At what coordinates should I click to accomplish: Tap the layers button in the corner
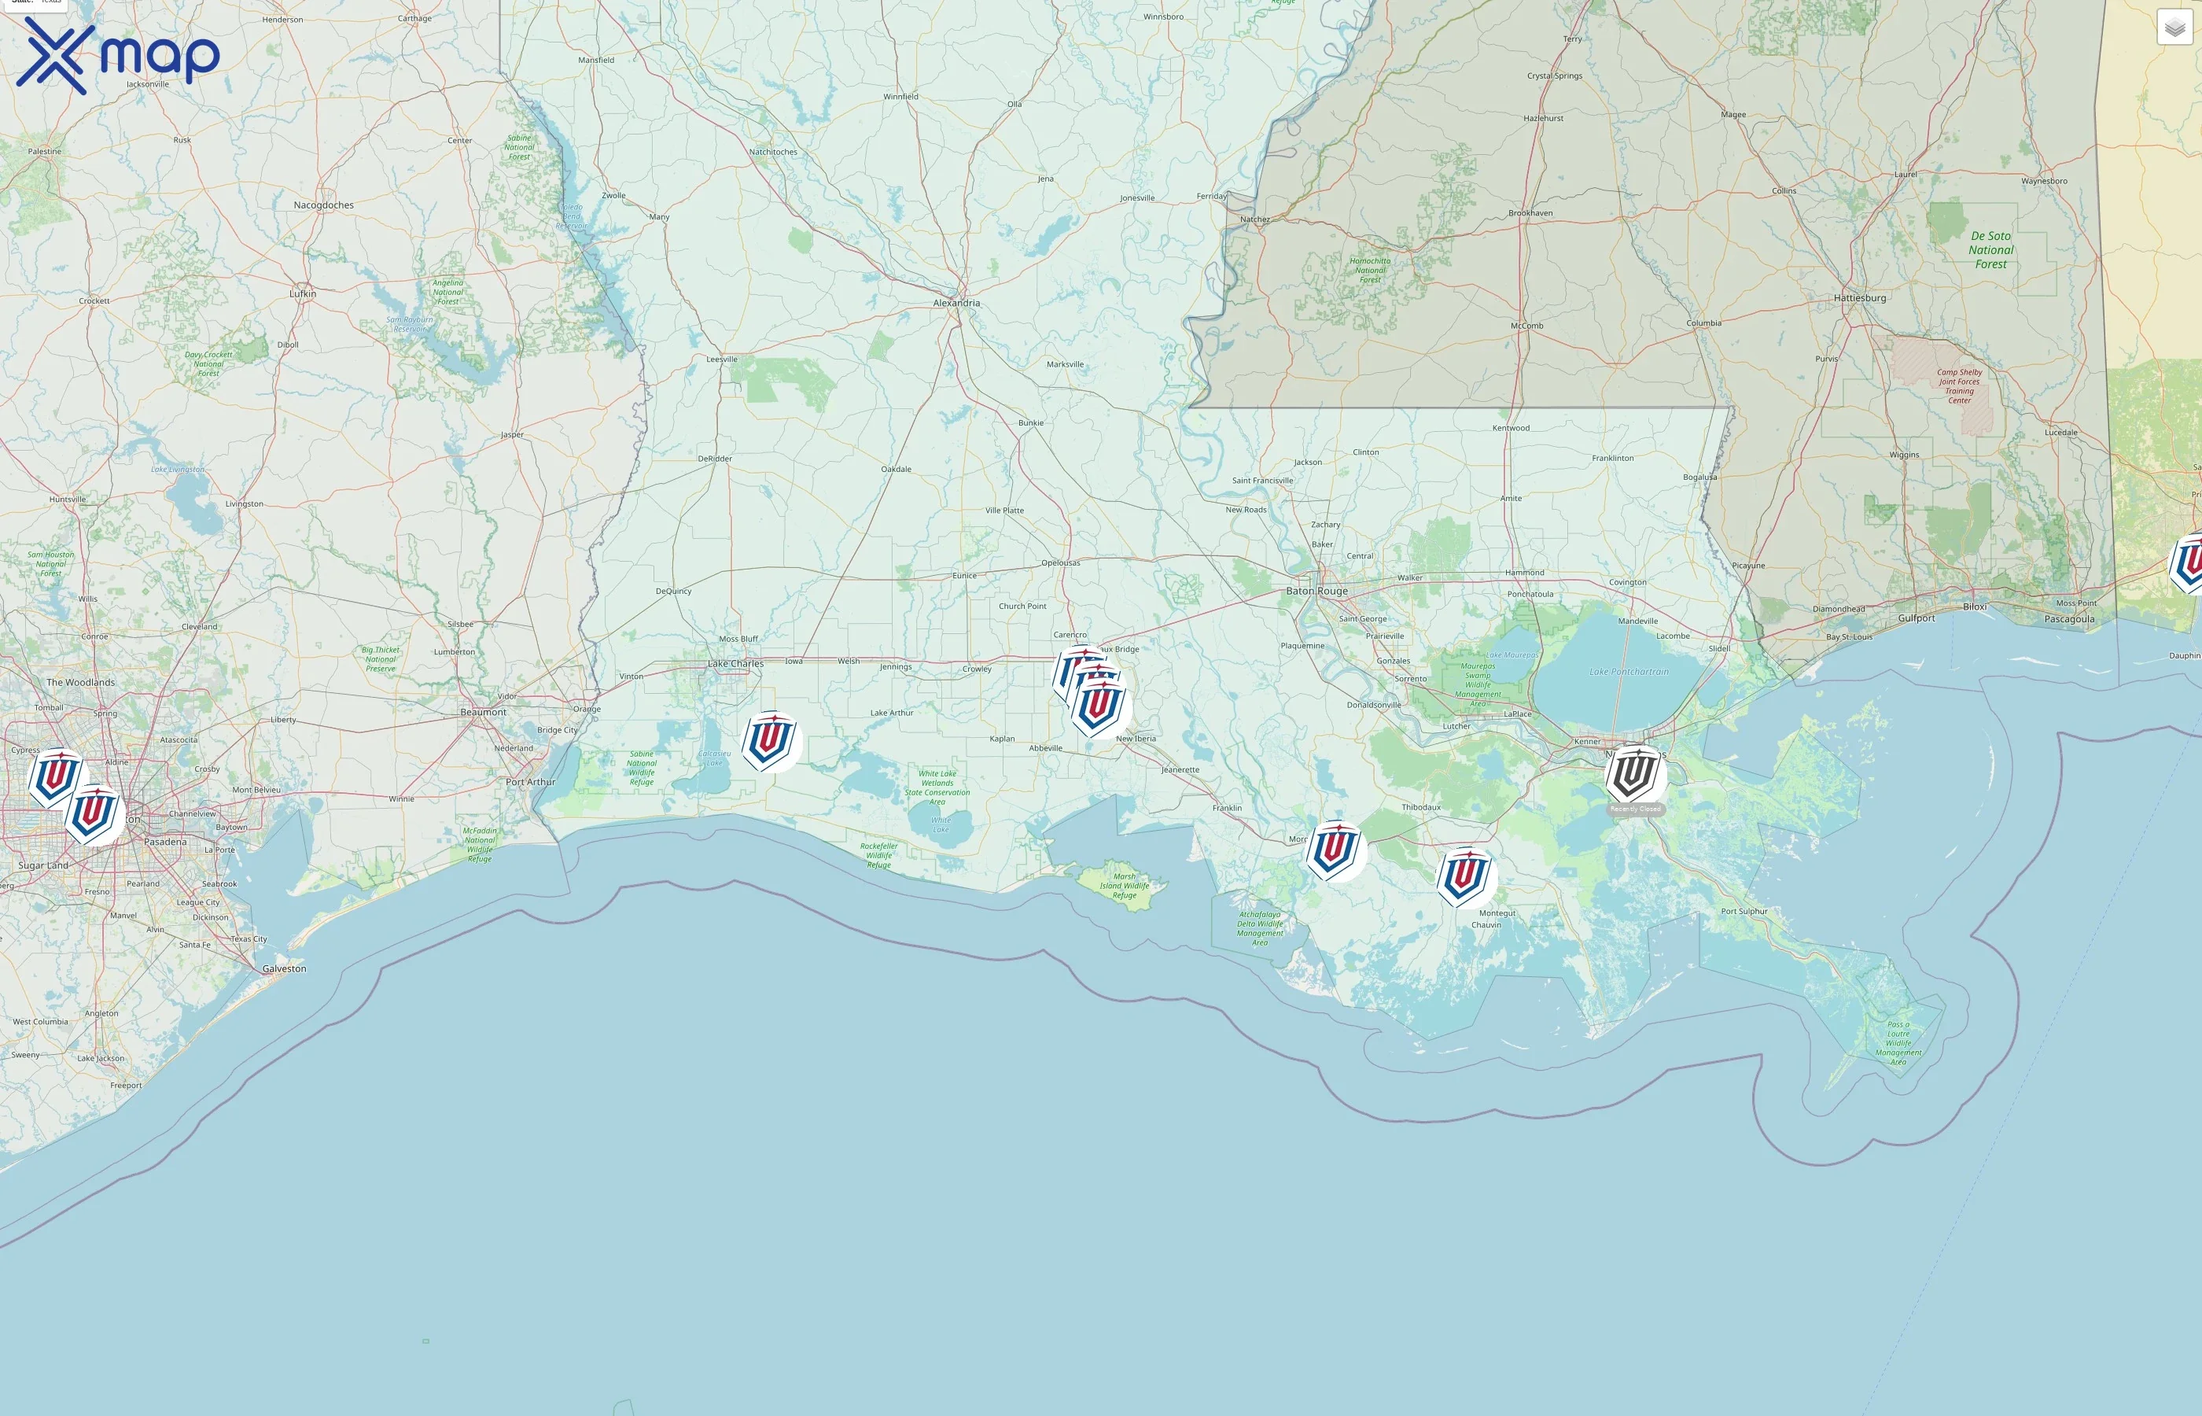coord(2174,28)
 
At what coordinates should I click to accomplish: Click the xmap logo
coord(118,56)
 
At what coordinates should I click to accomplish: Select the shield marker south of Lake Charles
coord(770,740)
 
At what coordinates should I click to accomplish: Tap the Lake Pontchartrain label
coord(1629,672)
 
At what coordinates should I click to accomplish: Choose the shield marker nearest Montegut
coord(1465,877)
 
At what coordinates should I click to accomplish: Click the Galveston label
coord(284,969)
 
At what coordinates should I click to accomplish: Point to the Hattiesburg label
coord(1859,298)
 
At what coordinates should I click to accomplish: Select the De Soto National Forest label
coord(1990,250)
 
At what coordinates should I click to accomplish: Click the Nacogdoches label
coord(323,205)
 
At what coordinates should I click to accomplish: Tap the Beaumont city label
coord(483,713)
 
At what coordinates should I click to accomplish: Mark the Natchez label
coord(1254,219)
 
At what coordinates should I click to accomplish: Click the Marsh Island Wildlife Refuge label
coord(1124,887)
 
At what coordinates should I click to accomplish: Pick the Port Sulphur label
coord(1744,912)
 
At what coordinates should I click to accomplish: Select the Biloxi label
coord(1974,607)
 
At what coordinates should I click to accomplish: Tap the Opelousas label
coord(1061,562)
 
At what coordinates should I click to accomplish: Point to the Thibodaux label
coord(1421,808)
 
